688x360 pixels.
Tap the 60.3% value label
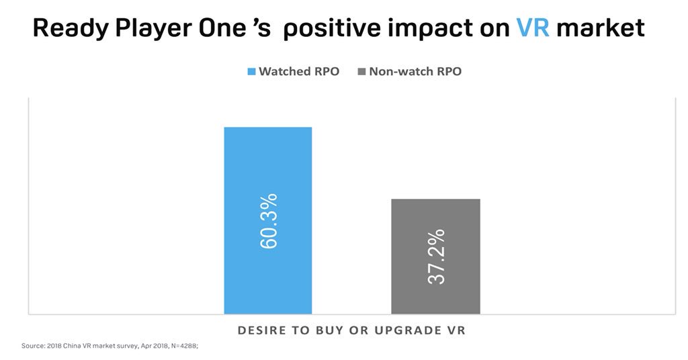pyautogui.click(x=269, y=221)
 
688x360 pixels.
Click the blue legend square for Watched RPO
pyautogui.click(x=252, y=71)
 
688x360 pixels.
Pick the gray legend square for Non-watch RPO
pyautogui.click(x=361, y=71)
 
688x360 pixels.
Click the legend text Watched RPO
pyautogui.click(x=299, y=71)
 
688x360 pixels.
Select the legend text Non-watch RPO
pyautogui.click(x=415, y=71)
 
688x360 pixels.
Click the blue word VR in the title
pyautogui.click(x=533, y=28)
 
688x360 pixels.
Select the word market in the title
pyautogui.click(x=601, y=28)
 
